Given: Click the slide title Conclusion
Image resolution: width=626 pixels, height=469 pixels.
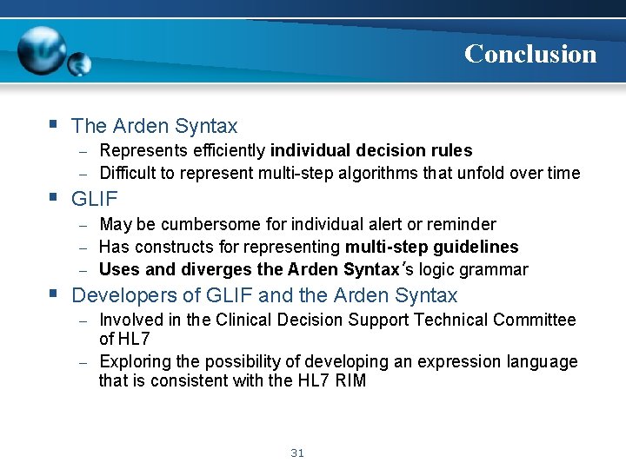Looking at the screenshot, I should (x=530, y=54).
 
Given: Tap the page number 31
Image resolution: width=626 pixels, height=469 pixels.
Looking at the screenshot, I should (x=298, y=452).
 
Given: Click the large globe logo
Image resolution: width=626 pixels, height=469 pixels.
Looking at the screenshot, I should (x=43, y=50).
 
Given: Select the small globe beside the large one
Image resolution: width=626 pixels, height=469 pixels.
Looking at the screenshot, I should (x=80, y=63).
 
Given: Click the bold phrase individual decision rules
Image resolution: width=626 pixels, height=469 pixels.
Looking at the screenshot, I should (x=371, y=151).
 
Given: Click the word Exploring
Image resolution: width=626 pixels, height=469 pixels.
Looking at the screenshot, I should (x=134, y=361).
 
